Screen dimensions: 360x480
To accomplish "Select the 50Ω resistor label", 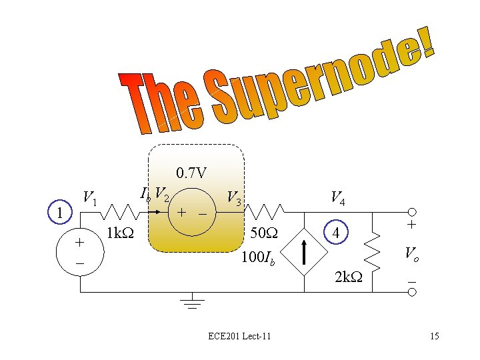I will pyautogui.click(x=263, y=234).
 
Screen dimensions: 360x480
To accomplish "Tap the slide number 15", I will pyautogui.click(x=434, y=336).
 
